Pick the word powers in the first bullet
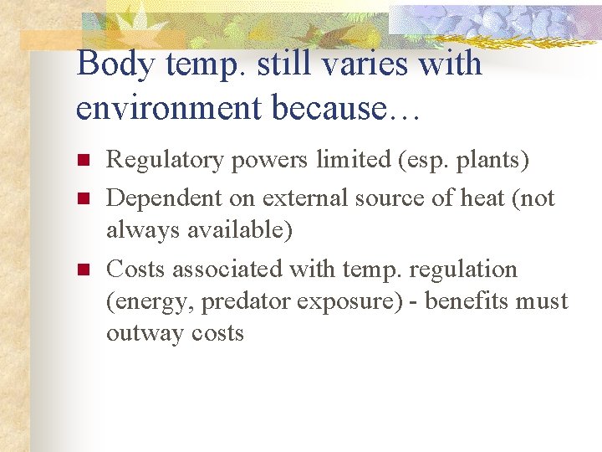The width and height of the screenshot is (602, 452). tap(268, 159)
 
